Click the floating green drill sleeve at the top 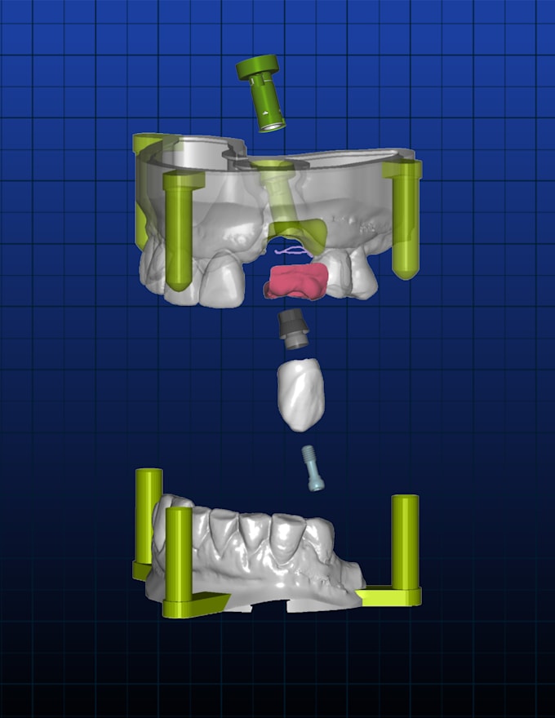264,95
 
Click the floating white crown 300,395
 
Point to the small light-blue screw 313,468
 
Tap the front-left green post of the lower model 178,555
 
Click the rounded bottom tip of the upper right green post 406,272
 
